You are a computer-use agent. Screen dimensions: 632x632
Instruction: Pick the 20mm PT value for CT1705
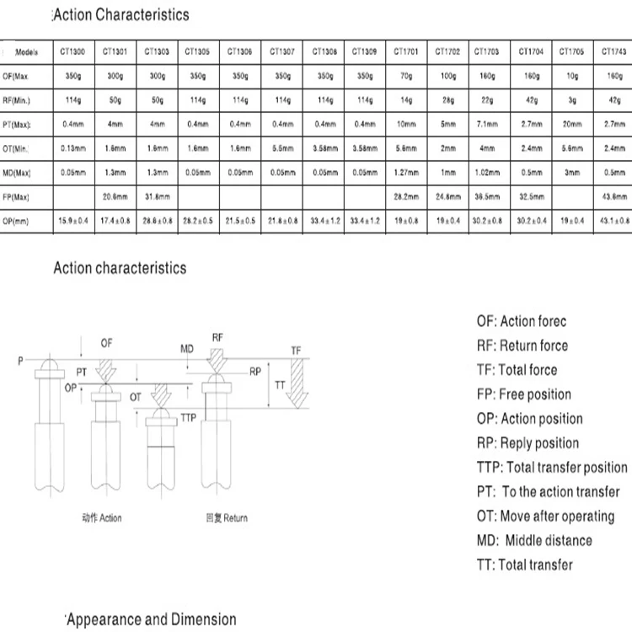pos(571,124)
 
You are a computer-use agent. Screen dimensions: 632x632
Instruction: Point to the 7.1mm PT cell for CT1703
pos(487,124)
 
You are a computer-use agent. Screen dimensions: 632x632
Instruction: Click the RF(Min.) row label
pos(19,100)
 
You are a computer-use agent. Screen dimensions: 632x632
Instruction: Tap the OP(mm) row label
pos(19,221)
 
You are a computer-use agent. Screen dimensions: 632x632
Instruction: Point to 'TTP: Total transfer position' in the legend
pos(552,468)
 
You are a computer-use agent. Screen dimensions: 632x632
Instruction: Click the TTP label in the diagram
pos(188,417)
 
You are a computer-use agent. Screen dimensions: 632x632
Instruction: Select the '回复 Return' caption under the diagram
pos(227,518)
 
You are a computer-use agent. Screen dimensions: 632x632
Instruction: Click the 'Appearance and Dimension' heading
pos(152,620)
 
